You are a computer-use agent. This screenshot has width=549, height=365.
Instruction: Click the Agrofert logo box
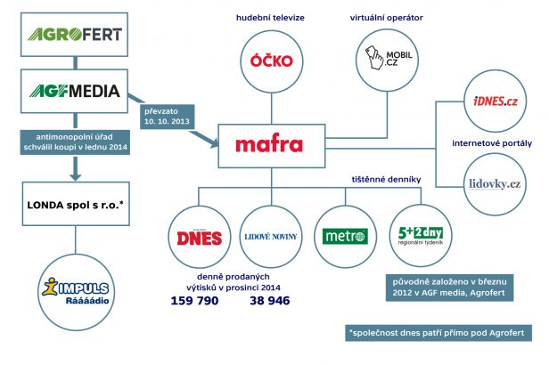click(73, 36)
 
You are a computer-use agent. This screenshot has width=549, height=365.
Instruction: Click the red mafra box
click(269, 144)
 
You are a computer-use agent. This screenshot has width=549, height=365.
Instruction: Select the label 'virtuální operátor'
click(387, 17)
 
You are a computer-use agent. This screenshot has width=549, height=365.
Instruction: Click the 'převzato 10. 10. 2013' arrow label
click(169, 113)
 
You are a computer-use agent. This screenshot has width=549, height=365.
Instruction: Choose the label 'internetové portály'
click(492, 142)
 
